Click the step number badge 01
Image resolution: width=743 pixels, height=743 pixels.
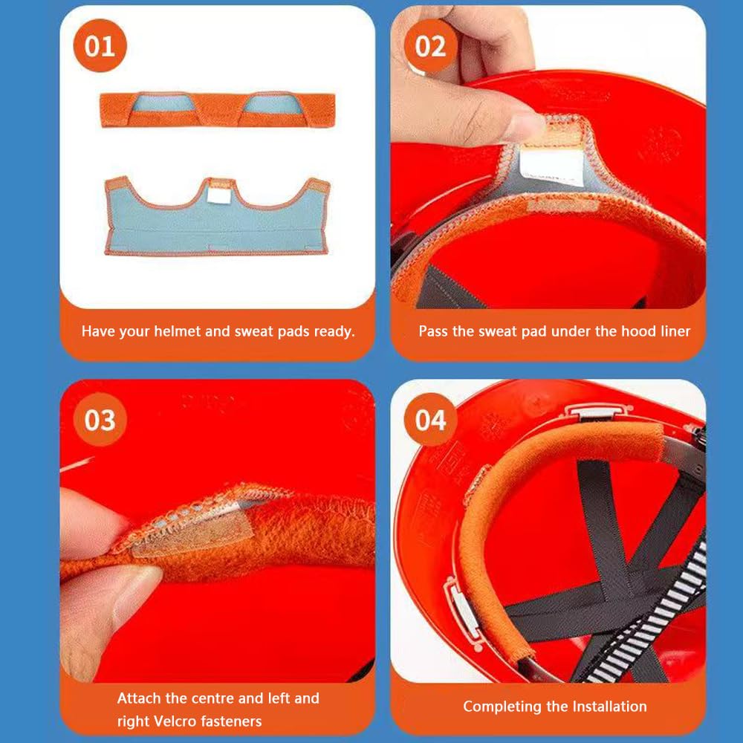pos(100,46)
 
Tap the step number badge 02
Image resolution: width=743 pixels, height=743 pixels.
pos(431,46)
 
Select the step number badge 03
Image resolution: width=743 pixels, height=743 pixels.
pos(100,419)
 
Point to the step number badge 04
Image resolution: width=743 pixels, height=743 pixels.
pos(431,419)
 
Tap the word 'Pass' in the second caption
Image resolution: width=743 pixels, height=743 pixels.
pos(433,331)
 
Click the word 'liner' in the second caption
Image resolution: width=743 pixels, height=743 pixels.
pos(675,331)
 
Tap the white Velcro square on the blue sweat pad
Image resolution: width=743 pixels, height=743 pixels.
pos(218,195)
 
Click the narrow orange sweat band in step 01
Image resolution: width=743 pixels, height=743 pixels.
pos(218,109)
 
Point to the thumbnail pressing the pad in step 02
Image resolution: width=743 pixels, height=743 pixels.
pos(525,124)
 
